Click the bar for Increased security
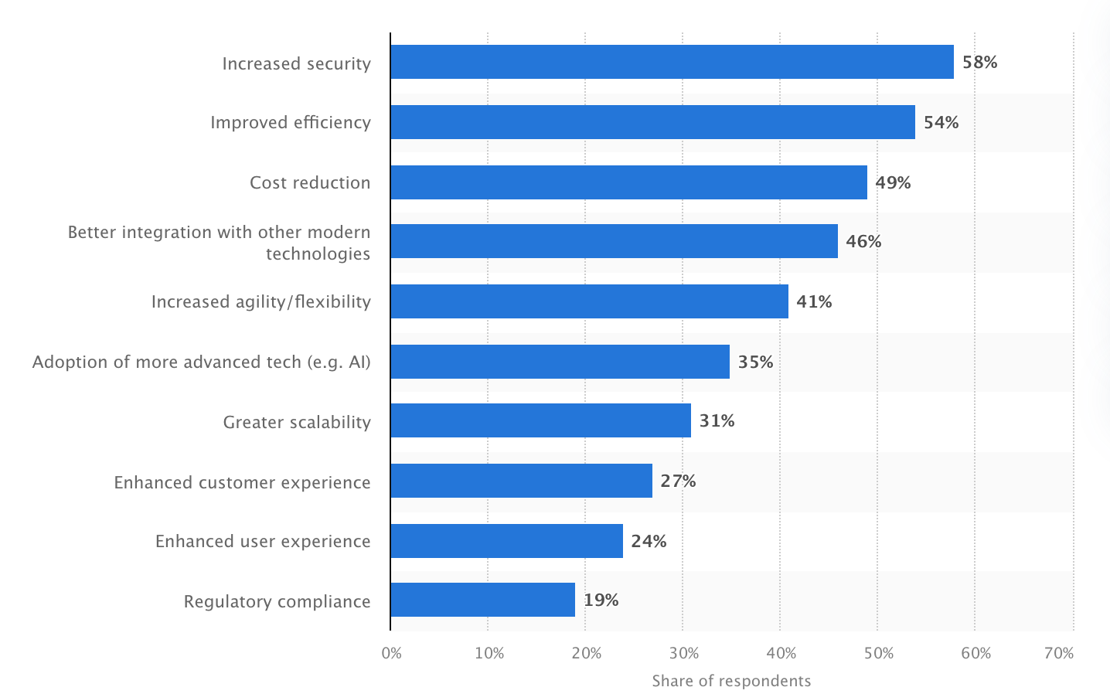672,62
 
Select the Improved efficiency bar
652,122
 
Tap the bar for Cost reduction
628,182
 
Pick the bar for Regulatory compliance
482,600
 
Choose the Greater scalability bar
540,420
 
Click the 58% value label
979,63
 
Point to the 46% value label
863,242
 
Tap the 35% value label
755,362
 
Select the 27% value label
678,481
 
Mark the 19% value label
601,600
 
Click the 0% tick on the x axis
392,654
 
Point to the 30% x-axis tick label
683,654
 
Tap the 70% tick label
1058,654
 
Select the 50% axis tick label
878,654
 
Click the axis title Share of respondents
731,681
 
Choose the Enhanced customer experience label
242,483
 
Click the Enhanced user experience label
263,542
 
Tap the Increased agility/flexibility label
260,302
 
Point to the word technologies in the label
318,254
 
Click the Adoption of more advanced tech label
201,362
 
